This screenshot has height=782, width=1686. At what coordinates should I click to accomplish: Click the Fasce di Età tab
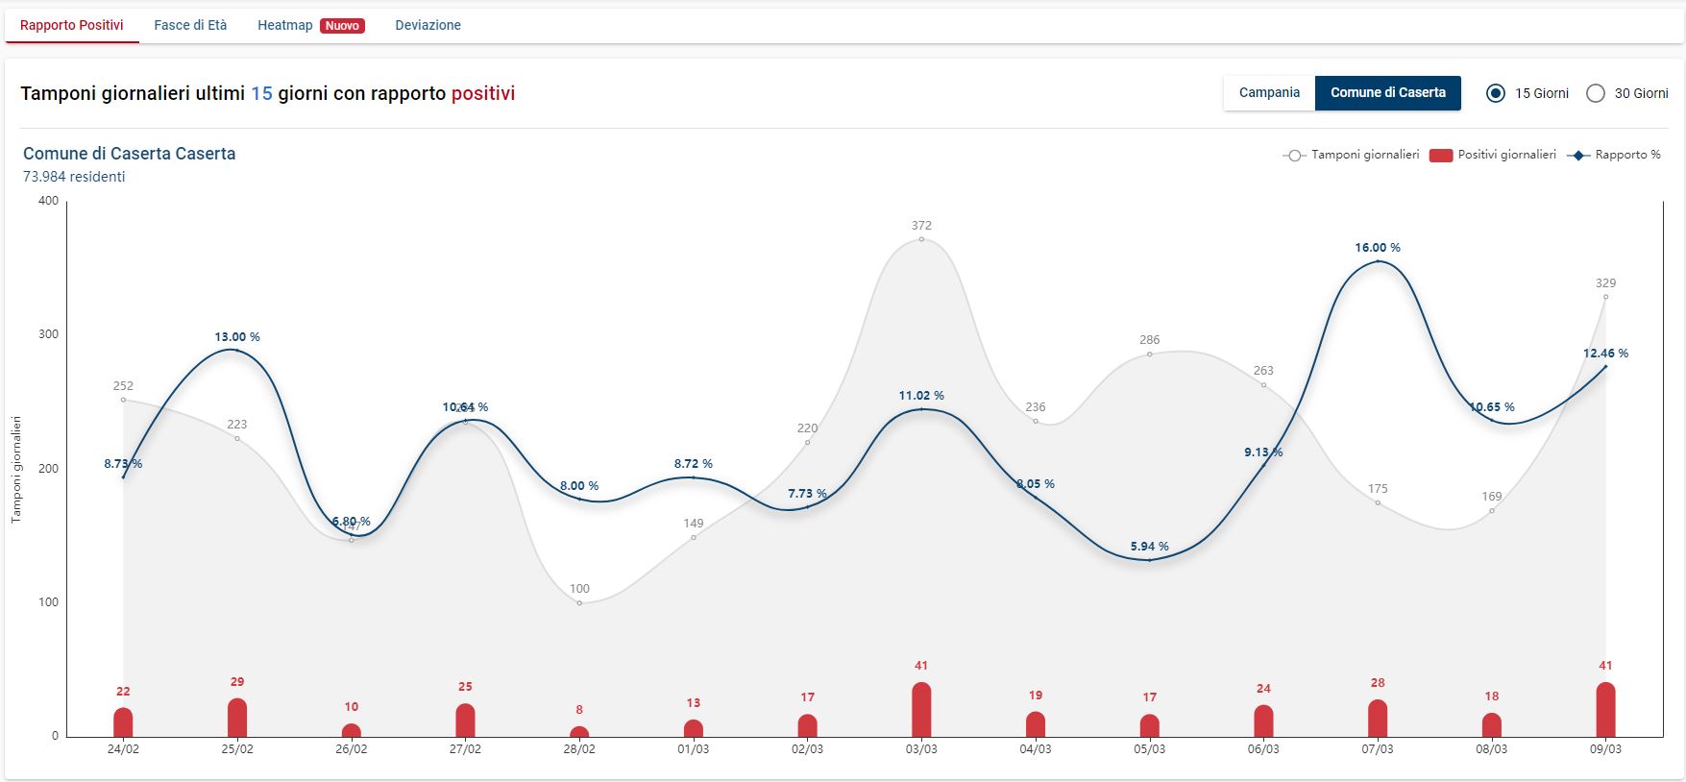[190, 25]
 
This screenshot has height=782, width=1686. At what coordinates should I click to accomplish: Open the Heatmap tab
[285, 25]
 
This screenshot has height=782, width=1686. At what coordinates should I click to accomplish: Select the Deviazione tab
[428, 25]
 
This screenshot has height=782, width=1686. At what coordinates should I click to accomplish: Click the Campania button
[1269, 93]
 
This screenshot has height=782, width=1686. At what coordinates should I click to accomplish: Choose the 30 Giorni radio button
[1596, 93]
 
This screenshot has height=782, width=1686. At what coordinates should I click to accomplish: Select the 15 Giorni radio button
[1496, 93]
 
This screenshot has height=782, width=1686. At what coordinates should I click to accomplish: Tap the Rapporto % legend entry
[1614, 155]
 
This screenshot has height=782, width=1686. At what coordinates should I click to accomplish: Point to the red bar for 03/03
[921, 710]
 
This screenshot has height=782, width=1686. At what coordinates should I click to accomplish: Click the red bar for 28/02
[579, 731]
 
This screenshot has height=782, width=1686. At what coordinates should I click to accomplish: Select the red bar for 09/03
[1605, 710]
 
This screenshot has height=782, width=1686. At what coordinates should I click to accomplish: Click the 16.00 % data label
[1378, 248]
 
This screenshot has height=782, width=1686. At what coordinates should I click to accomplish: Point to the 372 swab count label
[921, 226]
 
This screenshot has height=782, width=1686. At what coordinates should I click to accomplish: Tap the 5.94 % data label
[1149, 547]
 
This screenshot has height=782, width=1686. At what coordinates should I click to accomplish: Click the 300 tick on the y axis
[48, 334]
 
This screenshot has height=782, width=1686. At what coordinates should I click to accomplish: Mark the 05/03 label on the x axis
[1149, 749]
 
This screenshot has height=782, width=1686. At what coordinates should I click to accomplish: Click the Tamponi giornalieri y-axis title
[15, 469]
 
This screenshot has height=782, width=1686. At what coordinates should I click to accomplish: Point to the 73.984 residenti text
[74, 177]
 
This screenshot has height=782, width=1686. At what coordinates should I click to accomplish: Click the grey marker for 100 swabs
[579, 602]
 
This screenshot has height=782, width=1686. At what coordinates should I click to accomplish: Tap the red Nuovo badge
[342, 26]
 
